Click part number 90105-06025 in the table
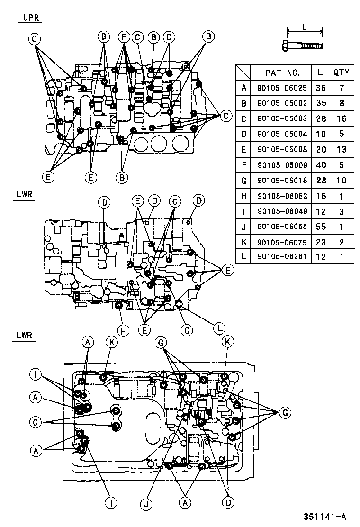click(282, 88)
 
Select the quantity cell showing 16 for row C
click(341, 118)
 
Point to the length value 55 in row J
click(321, 227)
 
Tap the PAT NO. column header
click(282, 73)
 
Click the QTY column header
click(341, 73)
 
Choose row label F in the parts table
click(243, 165)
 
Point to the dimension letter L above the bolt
click(305, 27)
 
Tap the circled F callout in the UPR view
click(123, 36)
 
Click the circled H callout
click(122, 331)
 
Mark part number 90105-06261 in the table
click(282, 257)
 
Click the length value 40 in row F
click(321, 165)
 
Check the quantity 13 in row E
click(341, 149)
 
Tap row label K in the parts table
click(243, 242)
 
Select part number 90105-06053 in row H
click(282, 196)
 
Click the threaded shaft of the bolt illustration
click(308, 46)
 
